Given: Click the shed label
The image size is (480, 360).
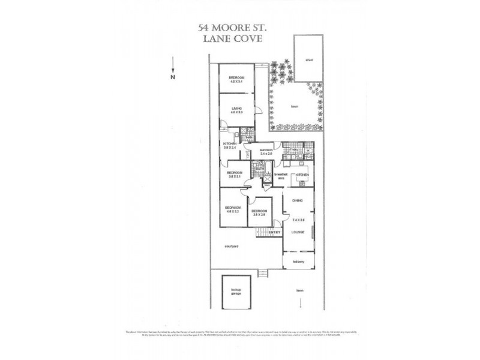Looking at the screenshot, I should pos(309,61).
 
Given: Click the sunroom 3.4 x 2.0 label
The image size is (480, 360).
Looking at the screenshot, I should pos(266,152).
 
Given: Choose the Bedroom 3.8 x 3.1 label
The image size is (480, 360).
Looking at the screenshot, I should pos(233,175).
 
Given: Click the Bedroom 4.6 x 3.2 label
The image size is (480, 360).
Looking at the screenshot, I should pos(233,209).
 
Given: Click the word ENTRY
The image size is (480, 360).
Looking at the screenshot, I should pos(275,232).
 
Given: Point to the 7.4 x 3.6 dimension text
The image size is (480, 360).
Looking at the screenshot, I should pos(299,221).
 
